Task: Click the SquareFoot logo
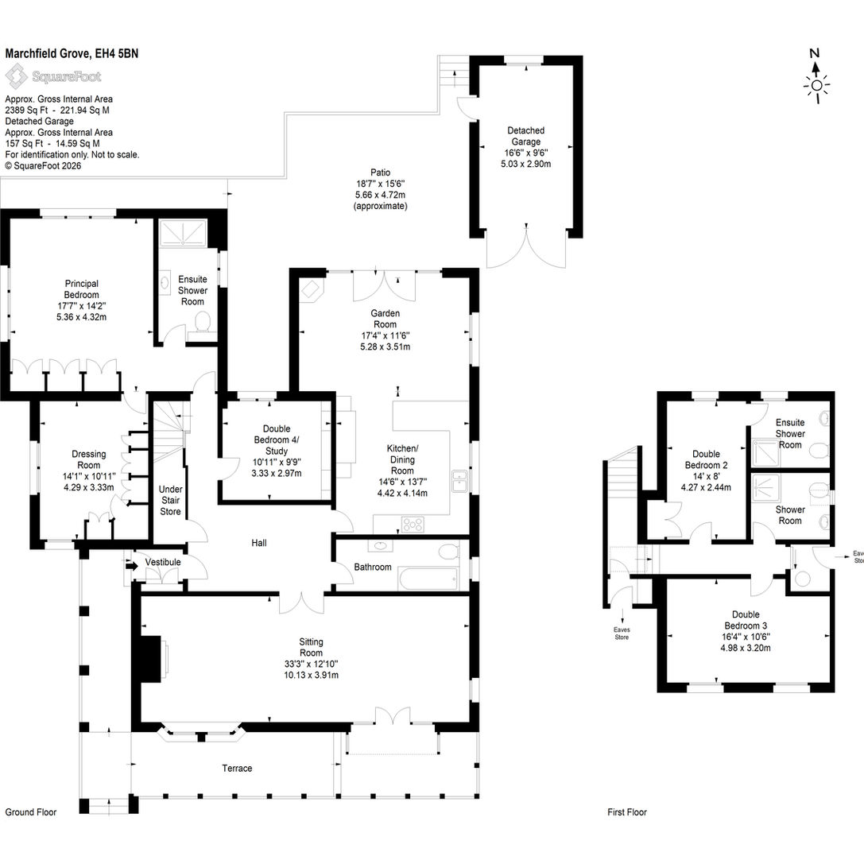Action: click(53, 76)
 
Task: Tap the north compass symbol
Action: click(816, 76)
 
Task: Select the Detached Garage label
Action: click(525, 136)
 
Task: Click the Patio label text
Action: click(380, 172)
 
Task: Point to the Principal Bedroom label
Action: click(82, 289)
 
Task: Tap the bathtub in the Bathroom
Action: click(428, 579)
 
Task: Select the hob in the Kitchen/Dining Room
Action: click(413, 524)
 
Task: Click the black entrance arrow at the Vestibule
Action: click(131, 565)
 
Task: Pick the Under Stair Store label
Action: click(170, 500)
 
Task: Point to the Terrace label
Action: click(237, 768)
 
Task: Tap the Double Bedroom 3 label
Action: click(746, 620)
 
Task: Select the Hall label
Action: click(259, 544)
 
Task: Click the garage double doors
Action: click(526, 247)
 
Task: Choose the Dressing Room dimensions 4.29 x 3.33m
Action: click(89, 488)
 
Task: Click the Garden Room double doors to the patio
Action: click(384, 285)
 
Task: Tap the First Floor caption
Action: click(627, 812)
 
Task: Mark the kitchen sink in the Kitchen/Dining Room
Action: click(459, 481)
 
